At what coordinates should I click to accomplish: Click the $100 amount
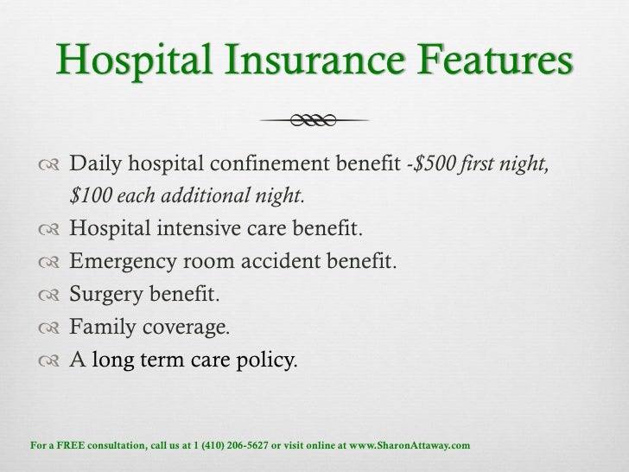pyautogui.click(x=91, y=196)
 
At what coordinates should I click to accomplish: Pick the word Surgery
pyautogui.click(x=104, y=295)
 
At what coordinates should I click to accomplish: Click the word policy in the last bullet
pyautogui.click(x=267, y=360)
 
